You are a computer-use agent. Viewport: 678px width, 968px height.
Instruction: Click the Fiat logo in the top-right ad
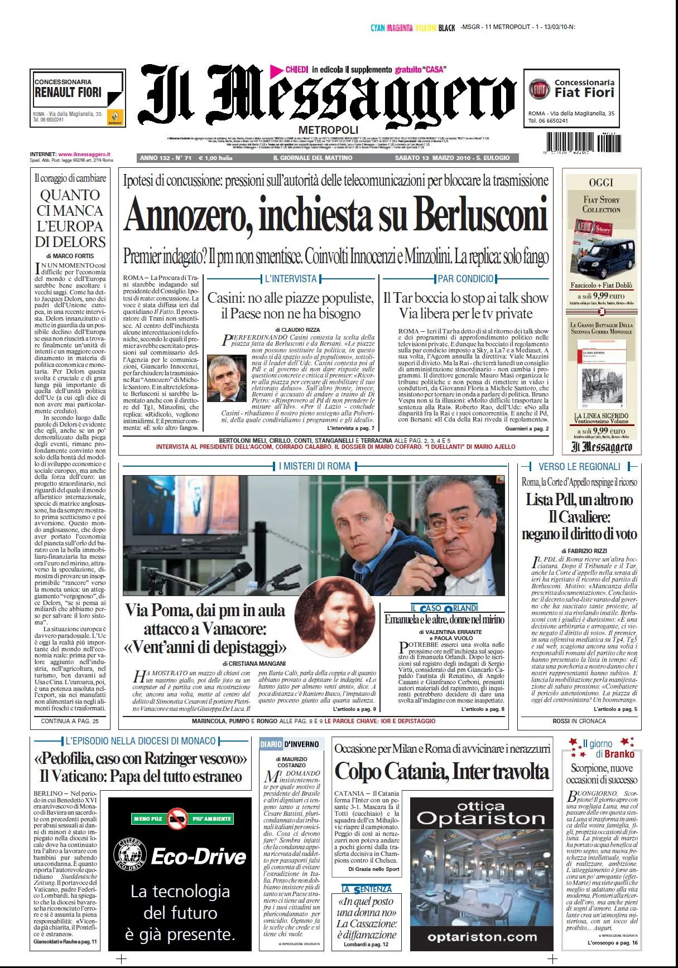pyautogui.click(x=539, y=89)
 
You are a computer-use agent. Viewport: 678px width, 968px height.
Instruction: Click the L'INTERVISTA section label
pyautogui.click(x=290, y=279)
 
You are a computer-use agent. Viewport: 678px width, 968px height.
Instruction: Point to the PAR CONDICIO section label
pyautogui.click(x=465, y=279)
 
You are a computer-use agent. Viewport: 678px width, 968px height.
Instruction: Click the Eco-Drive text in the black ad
pyautogui.click(x=198, y=856)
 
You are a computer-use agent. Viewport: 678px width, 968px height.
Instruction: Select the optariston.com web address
pyautogui.click(x=482, y=937)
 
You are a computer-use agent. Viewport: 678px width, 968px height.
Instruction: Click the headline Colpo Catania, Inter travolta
pyautogui.click(x=441, y=771)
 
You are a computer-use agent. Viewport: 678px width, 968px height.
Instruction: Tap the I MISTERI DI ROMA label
pyautogui.click(x=315, y=466)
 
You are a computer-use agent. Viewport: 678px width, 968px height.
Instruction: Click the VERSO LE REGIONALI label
pyautogui.click(x=579, y=467)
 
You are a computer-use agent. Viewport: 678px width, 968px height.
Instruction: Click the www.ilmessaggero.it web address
pyautogui.click(x=84, y=154)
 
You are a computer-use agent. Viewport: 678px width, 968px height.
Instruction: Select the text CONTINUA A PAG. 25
pyautogui.click(x=70, y=721)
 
